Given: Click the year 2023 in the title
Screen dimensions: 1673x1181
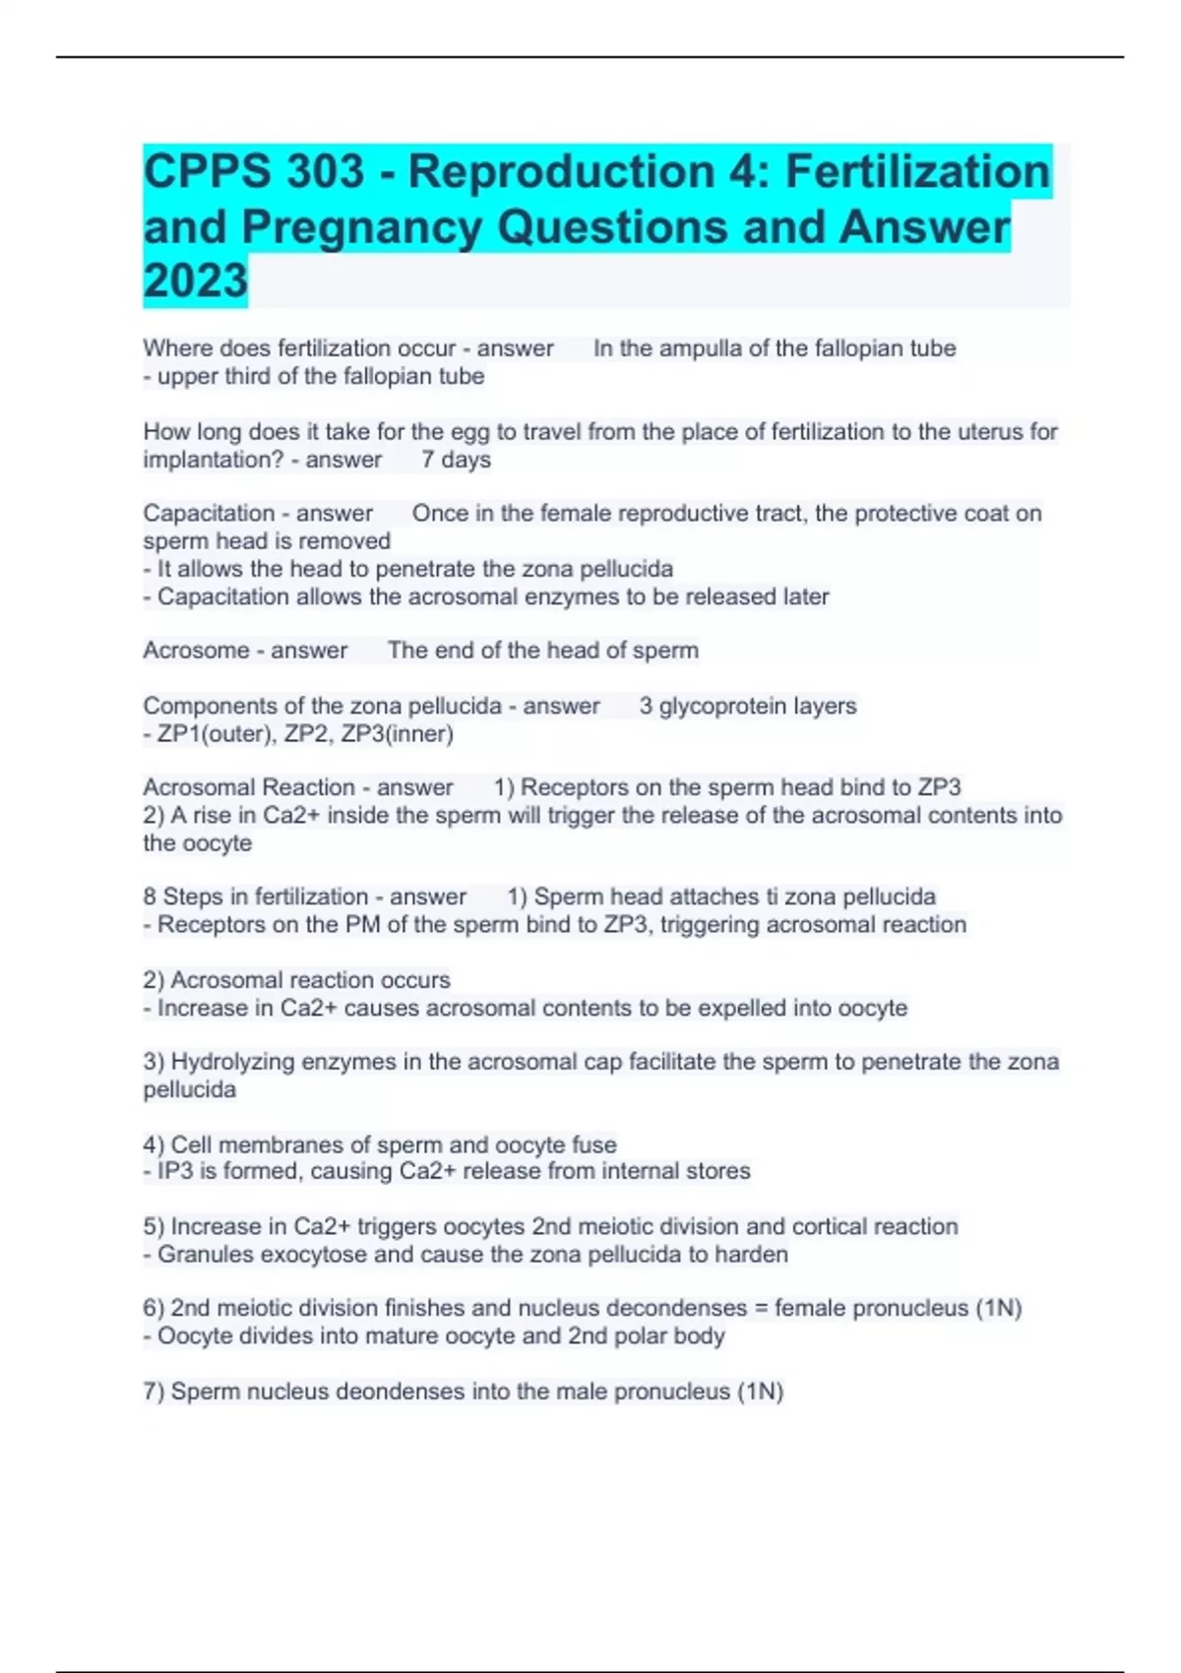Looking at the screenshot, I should coord(195,280).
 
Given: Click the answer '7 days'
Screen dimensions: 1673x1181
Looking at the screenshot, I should coord(456,460).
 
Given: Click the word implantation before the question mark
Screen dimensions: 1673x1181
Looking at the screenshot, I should coord(209,460).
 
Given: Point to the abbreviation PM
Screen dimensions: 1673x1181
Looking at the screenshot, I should coord(362,925).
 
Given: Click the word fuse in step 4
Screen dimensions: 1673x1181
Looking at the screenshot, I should coord(593,1145).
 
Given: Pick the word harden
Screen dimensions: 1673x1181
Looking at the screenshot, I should coord(752,1255).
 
